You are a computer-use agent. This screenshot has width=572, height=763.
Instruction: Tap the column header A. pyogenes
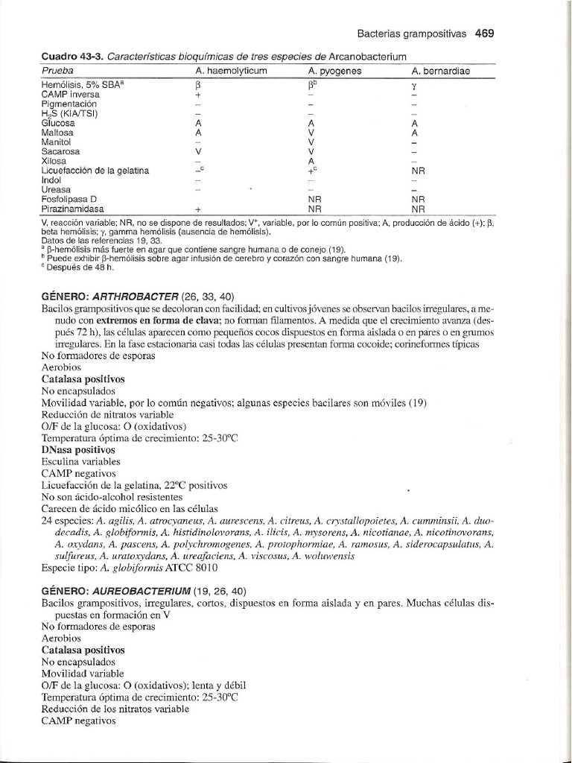pos(334,71)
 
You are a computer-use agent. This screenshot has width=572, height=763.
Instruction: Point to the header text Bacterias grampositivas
pos(412,34)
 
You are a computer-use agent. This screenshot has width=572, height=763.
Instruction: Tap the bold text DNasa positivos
pos(78,450)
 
